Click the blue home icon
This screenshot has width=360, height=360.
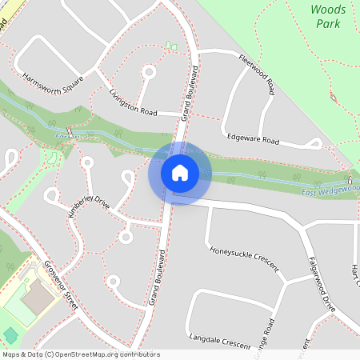179,173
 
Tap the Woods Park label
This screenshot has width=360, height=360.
327,17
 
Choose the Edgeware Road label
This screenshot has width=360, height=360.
252,138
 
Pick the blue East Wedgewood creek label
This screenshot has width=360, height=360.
330,190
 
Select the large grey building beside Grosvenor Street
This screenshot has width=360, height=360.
36,297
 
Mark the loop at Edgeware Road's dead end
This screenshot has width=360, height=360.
316,144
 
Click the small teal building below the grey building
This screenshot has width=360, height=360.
10,334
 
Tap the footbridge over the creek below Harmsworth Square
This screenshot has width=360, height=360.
70,130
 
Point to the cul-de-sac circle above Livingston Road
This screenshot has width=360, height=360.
148,71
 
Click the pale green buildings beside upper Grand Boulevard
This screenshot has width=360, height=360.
171,45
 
